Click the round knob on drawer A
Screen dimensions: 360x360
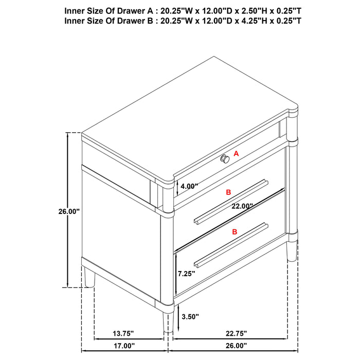(x=225, y=159)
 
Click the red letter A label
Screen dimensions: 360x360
(x=237, y=153)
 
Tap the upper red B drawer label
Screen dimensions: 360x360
(x=229, y=192)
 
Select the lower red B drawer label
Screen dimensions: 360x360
(x=235, y=232)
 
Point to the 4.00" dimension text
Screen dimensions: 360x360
(x=189, y=187)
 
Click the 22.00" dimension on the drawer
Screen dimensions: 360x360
(x=242, y=206)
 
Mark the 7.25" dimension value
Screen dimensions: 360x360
(x=187, y=274)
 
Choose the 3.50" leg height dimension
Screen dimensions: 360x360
(x=190, y=316)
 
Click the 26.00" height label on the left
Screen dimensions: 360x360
(x=68, y=211)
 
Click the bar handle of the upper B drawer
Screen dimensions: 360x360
(x=231, y=202)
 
